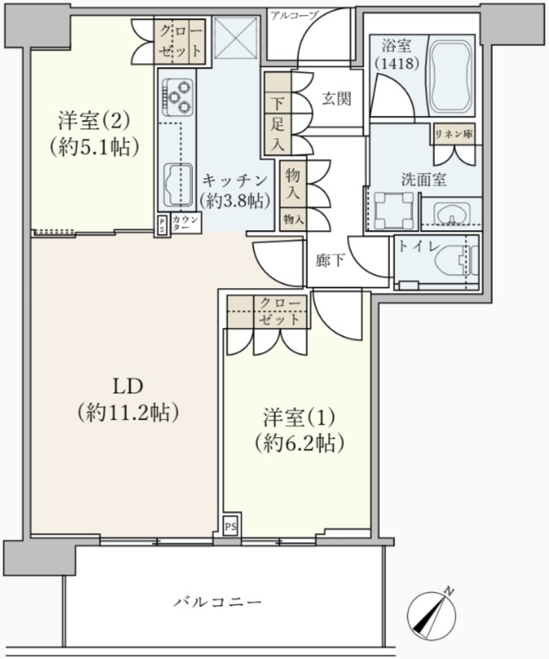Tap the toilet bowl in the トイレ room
(457, 261)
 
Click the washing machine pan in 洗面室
(393, 211)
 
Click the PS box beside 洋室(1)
(230, 527)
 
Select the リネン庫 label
(454, 134)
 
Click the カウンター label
(185, 224)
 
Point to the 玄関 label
(336, 99)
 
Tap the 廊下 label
(330, 262)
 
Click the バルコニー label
(218, 602)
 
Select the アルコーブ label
(295, 16)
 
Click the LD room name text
(128, 387)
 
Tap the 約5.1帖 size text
(94, 147)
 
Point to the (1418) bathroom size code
(397, 64)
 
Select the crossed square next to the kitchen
(235, 38)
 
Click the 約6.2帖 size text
(299, 443)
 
